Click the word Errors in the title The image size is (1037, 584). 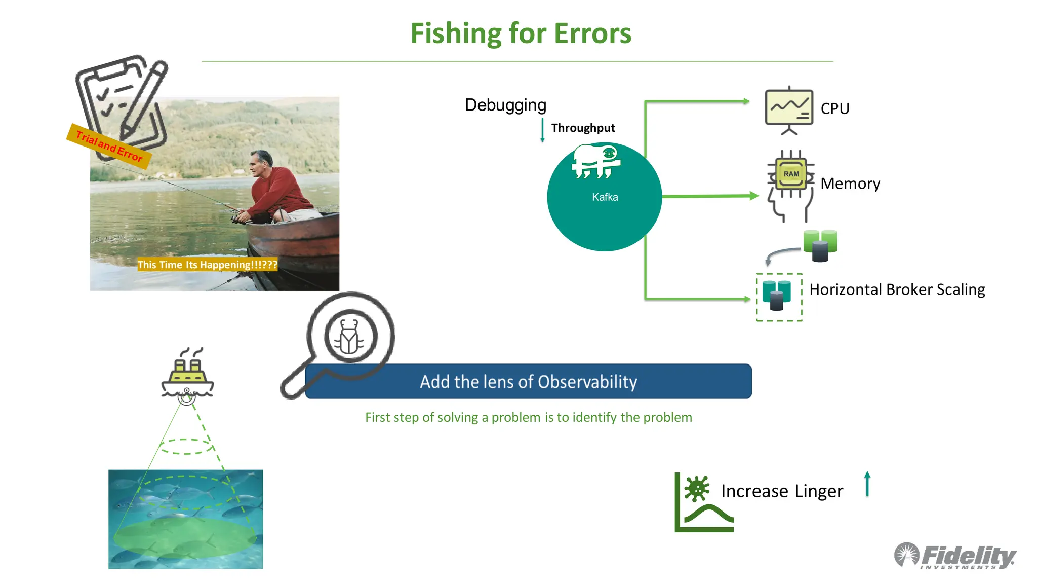tap(592, 33)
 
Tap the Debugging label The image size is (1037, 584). tap(505, 105)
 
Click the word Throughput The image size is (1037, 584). tap(583, 128)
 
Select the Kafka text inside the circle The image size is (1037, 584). tap(605, 197)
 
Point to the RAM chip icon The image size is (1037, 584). tap(791, 174)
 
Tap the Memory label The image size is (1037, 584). tap(850, 184)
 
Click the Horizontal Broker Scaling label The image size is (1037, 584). tap(897, 289)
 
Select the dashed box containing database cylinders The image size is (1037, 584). tap(779, 298)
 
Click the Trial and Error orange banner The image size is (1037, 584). tap(109, 146)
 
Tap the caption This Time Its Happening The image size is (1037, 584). tap(207, 265)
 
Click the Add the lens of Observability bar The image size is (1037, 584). tap(528, 382)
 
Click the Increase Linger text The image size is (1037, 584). tap(781, 491)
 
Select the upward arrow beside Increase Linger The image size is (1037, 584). tap(867, 484)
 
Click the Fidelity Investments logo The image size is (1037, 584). tap(955, 556)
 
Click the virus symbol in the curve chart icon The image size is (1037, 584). tap(697, 489)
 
